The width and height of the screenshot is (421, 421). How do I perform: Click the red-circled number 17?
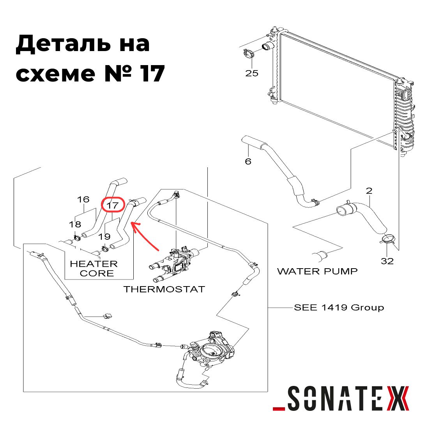[x=113, y=205]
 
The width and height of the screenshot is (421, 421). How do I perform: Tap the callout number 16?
[x=83, y=199]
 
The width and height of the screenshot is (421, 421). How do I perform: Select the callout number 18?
[x=75, y=224]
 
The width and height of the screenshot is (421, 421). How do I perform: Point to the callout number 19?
[x=104, y=237]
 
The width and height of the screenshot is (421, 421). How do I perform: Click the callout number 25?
[x=251, y=73]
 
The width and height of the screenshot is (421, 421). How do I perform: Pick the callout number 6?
[x=248, y=161]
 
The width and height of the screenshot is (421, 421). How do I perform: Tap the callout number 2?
[x=369, y=191]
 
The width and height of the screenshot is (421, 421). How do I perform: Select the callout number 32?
[x=387, y=261]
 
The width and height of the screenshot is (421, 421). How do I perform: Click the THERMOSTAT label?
[x=164, y=289]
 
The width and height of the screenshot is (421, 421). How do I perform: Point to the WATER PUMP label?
[x=317, y=271]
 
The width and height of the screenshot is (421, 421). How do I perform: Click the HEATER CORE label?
[x=94, y=269]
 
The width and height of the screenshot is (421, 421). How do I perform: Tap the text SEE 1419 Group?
[x=339, y=307]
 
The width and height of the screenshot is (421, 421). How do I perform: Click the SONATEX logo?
[x=341, y=398]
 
